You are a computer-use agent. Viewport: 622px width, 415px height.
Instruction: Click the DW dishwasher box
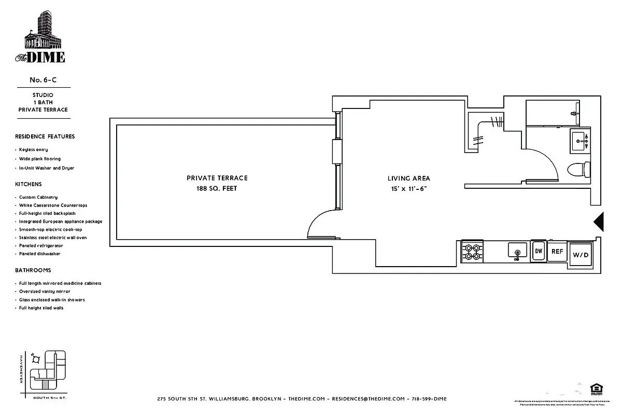(539, 251)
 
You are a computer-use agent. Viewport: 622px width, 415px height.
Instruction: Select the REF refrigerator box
(557, 251)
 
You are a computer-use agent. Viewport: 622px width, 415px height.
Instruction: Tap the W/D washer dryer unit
(579, 255)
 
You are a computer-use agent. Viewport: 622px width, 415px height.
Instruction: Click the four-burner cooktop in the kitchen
(472, 252)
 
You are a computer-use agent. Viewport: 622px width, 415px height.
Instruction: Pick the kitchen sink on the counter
(517, 252)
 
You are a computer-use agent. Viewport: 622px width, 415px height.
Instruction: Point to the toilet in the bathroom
(578, 169)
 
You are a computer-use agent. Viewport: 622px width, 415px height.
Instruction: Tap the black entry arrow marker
(599, 222)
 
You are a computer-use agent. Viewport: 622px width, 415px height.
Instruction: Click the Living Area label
(409, 178)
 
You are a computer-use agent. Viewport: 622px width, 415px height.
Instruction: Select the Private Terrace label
(217, 178)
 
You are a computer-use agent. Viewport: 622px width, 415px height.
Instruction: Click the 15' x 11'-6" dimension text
(409, 189)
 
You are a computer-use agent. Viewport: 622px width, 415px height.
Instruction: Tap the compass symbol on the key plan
(35, 357)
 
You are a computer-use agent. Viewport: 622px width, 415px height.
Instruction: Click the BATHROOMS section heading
(33, 270)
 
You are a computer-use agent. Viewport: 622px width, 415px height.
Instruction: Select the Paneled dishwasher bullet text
(40, 254)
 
